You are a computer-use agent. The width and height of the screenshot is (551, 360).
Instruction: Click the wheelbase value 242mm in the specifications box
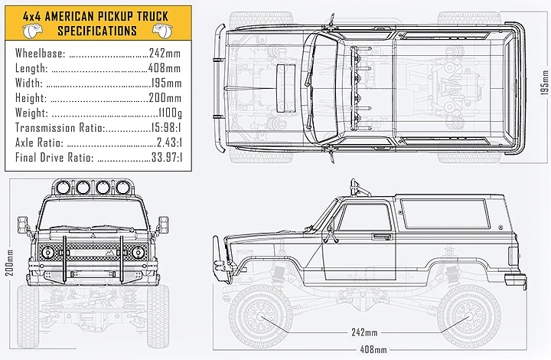[x=165, y=54]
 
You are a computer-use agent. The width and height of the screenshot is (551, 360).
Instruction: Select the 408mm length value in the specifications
[x=165, y=69]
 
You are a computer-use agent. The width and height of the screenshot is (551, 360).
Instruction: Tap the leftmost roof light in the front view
[x=64, y=188]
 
